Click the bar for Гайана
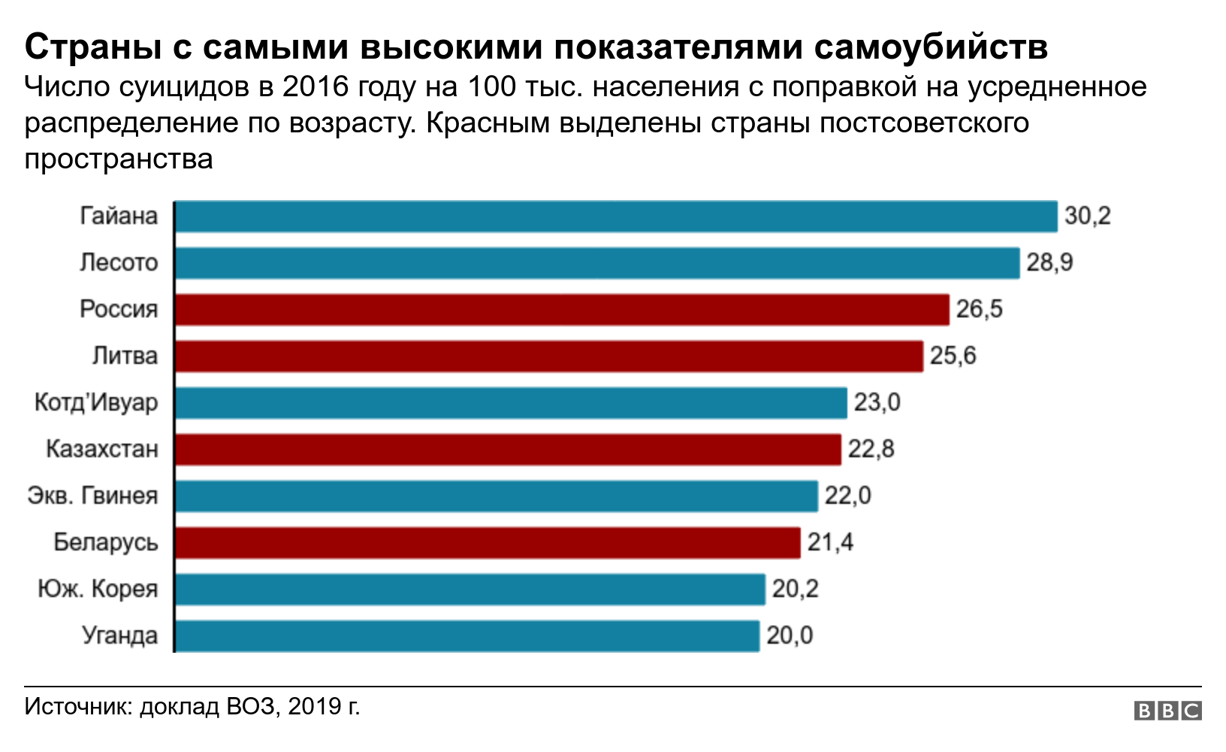point(616,217)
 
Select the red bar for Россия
point(562,310)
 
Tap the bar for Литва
point(548,356)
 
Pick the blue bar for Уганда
point(467,636)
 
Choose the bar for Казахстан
point(508,450)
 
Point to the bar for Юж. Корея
point(470,590)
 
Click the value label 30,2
point(1087,217)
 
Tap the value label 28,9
point(1049,263)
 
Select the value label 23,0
point(877,403)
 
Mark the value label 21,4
point(830,543)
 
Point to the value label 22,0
point(847,496)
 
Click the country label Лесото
point(119,263)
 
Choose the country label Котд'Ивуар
point(96,403)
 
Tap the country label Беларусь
point(105,543)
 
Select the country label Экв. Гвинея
point(92,496)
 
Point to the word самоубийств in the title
point(931,47)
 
